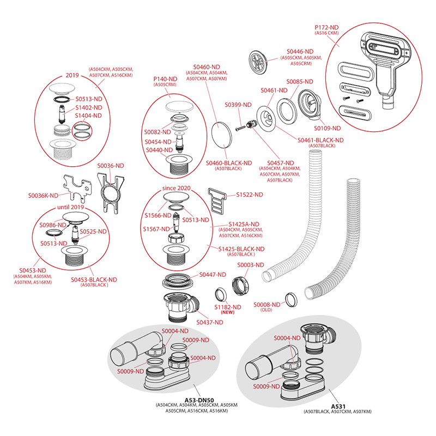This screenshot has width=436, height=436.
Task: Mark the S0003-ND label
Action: (x=250, y=265)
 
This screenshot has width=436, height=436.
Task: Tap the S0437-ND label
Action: (x=209, y=322)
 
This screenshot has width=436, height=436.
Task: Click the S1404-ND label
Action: (x=89, y=116)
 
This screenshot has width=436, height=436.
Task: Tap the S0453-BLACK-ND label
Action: (x=94, y=279)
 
